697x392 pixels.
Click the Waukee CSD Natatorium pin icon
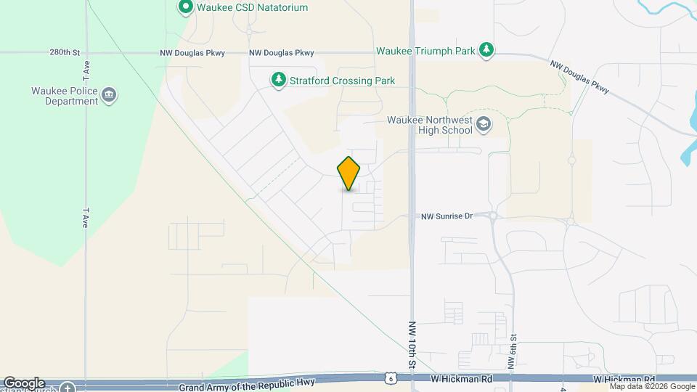[x=185, y=8]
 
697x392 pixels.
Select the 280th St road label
[x=64, y=53]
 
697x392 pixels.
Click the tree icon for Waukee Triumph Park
[x=487, y=51]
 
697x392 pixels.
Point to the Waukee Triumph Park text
[x=425, y=52]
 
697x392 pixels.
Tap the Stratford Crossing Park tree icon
[x=278, y=80]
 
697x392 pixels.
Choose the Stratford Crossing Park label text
[x=342, y=81]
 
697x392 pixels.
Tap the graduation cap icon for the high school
[x=483, y=125]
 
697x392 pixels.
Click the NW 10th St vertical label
[x=412, y=345]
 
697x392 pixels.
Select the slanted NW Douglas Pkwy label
[x=579, y=77]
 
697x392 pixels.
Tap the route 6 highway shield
[x=391, y=378]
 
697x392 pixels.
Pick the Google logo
[x=23, y=383]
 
